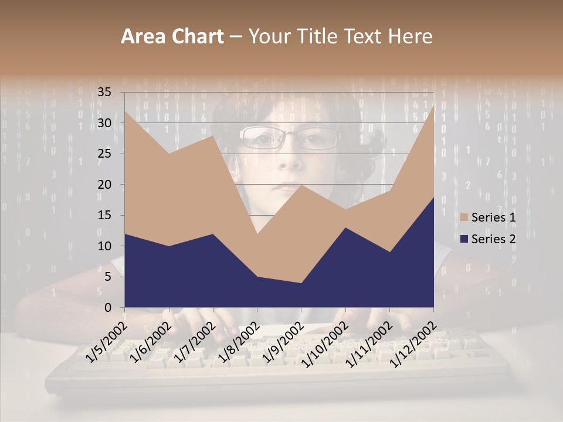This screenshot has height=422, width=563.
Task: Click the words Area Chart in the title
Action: point(172,37)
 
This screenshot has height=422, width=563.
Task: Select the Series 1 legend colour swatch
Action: point(464,217)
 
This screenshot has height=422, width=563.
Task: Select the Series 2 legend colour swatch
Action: point(464,239)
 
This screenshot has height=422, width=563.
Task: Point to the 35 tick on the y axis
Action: point(104,92)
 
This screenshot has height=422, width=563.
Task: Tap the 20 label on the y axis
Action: point(104,185)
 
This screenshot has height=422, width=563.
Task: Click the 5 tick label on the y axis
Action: point(108,277)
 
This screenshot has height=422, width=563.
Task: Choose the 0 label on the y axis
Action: point(108,308)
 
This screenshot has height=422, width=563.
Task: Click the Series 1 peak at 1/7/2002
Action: point(213,135)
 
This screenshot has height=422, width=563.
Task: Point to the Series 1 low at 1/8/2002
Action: point(257,234)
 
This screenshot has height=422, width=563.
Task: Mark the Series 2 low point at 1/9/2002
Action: point(301,283)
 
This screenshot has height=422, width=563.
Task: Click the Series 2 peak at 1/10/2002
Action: point(345,227)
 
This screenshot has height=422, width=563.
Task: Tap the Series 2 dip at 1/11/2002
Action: point(389,252)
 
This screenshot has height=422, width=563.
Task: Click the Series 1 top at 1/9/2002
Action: point(301,185)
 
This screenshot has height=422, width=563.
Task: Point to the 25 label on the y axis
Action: point(104,154)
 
